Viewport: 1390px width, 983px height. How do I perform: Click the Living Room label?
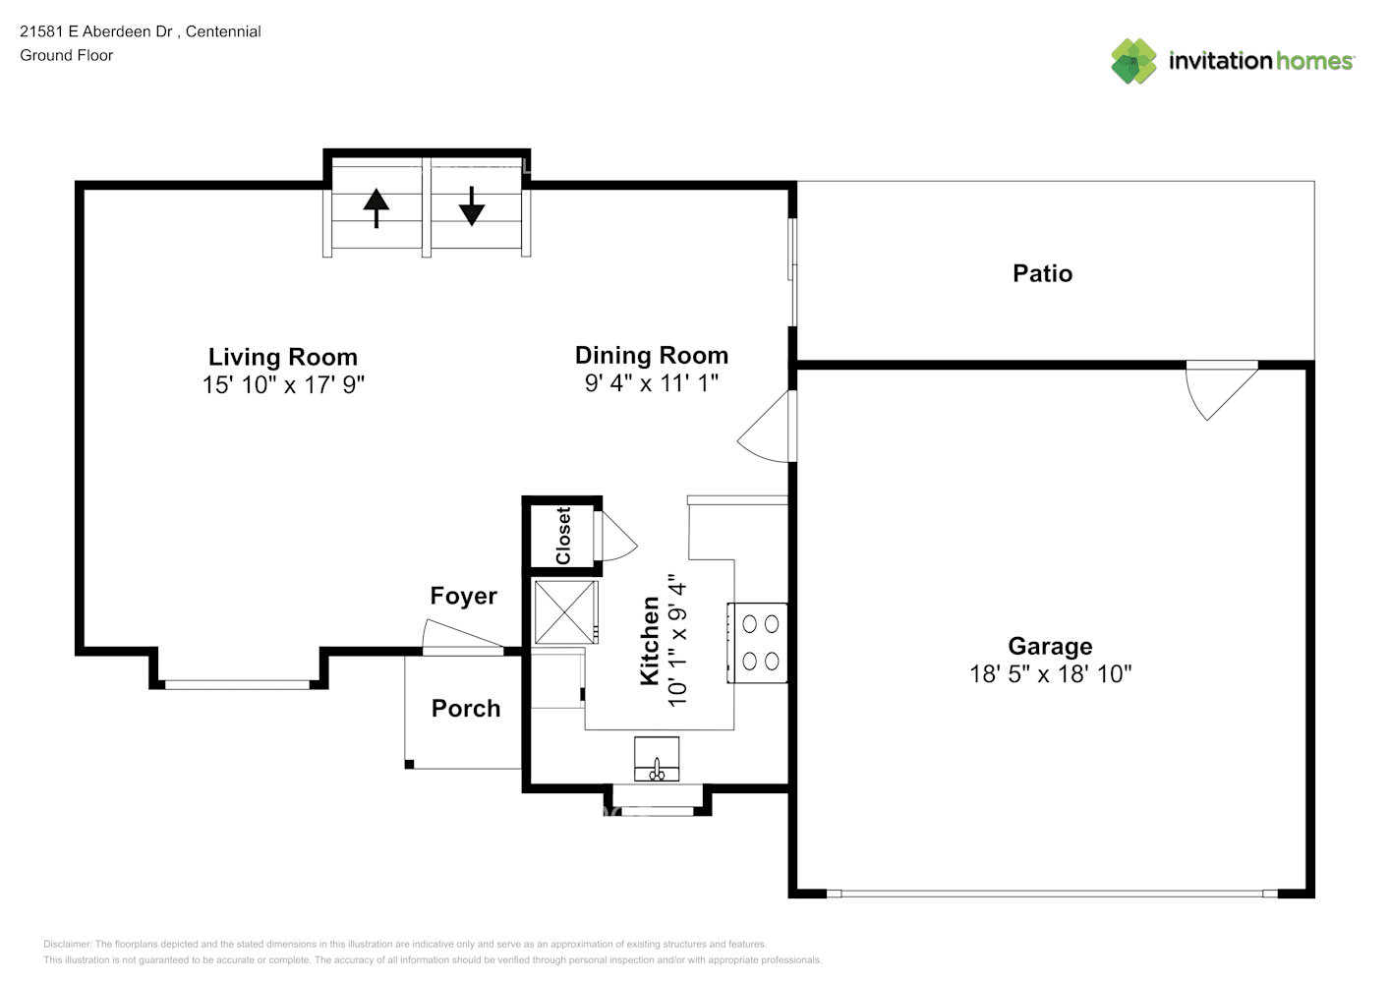click(283, 357)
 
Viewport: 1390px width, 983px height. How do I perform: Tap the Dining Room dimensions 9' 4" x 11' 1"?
click(652, 383)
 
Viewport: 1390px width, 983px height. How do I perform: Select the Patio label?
click(1042, 273)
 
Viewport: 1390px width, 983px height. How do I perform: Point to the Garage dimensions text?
click(1051, 674)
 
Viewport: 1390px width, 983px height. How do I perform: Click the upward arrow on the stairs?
click(376, 207)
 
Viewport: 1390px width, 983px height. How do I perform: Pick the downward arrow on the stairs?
click(472, 206)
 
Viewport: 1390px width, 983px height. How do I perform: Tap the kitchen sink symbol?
click(657, 758)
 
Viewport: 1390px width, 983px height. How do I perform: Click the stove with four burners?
click(758, 643)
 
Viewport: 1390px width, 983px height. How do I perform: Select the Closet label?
click(563, 536)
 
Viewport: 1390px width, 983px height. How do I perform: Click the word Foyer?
click(464, 596)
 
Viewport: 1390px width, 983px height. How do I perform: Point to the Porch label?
click(466, 708)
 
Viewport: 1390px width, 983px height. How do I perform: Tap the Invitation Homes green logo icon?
click(1133, 61)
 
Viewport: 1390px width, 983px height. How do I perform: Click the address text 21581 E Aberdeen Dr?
click(96, 31)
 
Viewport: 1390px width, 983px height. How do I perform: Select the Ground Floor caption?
click(67, 55)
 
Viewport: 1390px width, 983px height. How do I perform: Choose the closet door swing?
click(615, 536)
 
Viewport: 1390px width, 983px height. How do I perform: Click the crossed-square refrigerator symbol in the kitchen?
click(566, 611)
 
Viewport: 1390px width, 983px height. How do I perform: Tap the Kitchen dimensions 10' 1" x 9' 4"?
click(677, 640)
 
